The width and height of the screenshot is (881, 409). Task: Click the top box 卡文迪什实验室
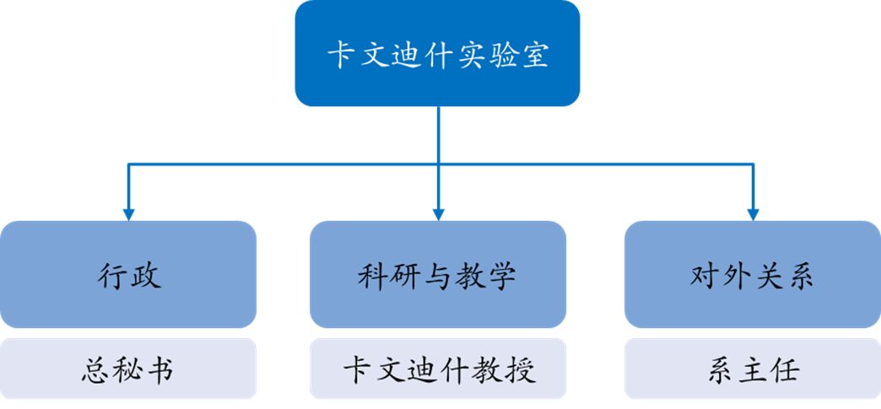coord(437,54)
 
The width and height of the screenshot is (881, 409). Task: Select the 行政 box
coord(128,274)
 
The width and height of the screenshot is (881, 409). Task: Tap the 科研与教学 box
coord(437,274)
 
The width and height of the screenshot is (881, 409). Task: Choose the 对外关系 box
coord(752,274)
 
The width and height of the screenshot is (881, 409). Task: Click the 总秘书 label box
coord(128,369)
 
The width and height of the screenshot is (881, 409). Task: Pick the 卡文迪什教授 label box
coord(437,369)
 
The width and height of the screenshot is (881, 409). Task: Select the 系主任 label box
coord(752,369)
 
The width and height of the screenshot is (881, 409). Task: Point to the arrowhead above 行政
coord(128,213)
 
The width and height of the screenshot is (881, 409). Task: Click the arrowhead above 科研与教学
coord(438,213)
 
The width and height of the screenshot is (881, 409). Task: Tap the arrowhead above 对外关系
coord(753,213)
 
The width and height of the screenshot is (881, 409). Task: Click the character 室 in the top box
coord(533,55)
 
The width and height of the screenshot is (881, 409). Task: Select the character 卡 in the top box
coord(341,55)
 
